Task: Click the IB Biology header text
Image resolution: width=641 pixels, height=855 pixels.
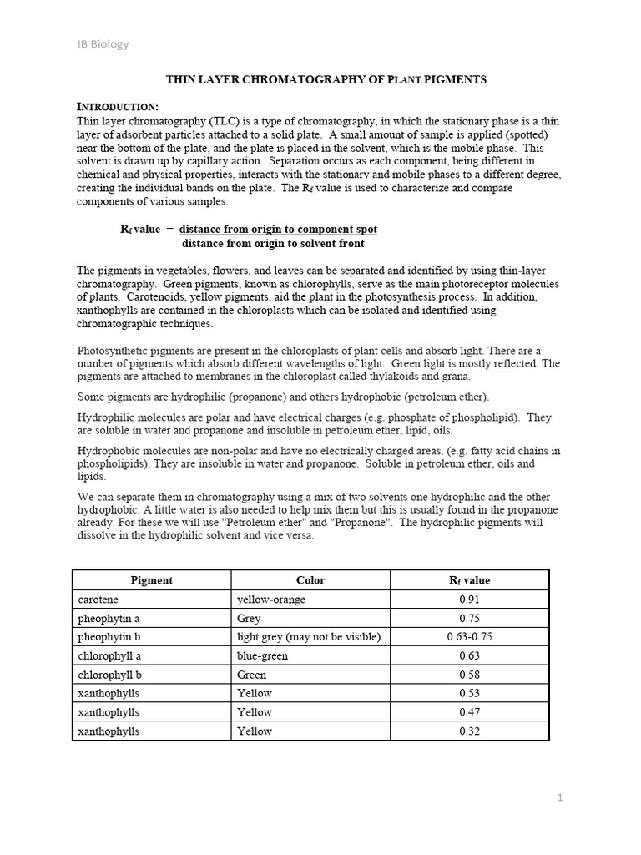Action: (103, 44)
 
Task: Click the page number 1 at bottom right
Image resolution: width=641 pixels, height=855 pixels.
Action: (560, 797)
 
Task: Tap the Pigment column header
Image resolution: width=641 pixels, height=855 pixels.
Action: (151, 580)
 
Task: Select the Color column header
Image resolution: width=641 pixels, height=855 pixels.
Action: (310, 580)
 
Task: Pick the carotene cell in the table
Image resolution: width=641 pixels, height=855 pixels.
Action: (98, 600)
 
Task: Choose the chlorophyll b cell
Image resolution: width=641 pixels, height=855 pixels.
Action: (109, 675)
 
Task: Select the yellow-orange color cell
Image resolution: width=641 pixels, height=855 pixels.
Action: (271, 600)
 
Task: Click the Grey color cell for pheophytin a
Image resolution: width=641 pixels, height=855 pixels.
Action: (250, 619)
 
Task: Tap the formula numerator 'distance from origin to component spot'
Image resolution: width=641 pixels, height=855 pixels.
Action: (278, 229)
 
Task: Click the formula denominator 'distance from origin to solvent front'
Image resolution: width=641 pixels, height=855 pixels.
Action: (273, 244)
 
